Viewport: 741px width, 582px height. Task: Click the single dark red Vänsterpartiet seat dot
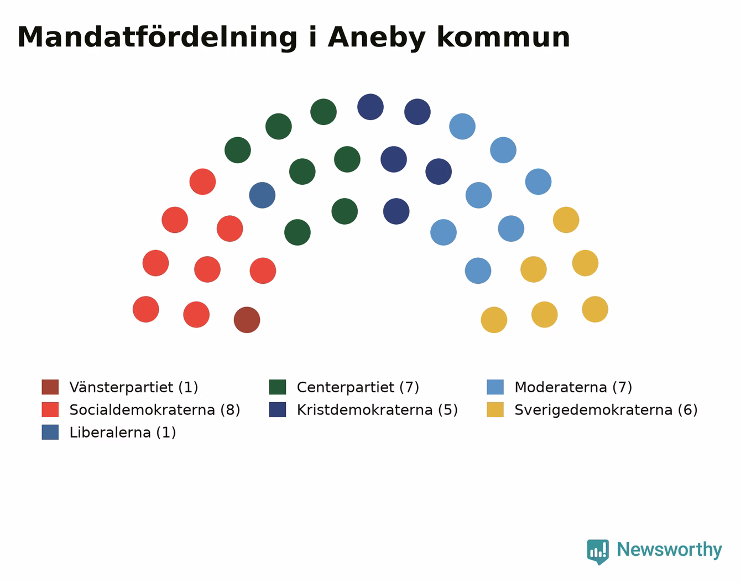(x=247, y=320)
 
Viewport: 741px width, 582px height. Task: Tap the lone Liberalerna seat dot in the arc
(x=262, y=195)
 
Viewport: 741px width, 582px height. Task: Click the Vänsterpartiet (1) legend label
(x=134, y=387)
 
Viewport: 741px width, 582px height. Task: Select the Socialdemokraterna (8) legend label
(x=155, y=410)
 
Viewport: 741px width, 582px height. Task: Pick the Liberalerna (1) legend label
(x=123, y=432)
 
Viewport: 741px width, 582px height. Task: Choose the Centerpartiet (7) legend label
(x=358, y=387)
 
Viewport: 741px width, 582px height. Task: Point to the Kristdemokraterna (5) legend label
(x=377, y=410)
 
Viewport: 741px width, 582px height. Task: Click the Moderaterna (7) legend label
(x=573, y=387)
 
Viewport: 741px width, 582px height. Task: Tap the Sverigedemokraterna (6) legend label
(x=606, y=410)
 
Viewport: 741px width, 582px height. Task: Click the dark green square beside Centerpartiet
(x=278, y=387)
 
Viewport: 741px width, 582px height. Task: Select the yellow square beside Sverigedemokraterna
(x=495, y=409)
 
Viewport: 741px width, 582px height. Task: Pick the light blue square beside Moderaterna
(x=495, y=387)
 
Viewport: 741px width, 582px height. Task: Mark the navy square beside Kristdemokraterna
(x=278, y=409)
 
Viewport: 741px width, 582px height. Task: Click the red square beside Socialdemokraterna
(x=50, y=409)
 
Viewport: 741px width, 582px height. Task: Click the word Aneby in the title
(x=377, y=38)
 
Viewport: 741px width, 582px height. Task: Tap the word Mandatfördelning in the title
(x=157, y=38)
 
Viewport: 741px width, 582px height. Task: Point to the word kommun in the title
(x=503, y=38)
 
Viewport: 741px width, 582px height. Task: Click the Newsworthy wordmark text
(x=670, y=549)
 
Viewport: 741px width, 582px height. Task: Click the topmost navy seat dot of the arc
(x=370, y=107)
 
